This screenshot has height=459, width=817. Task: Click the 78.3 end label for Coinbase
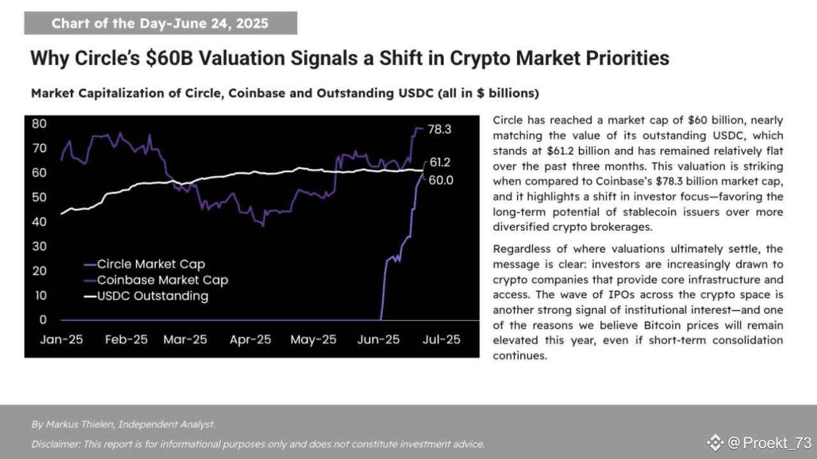click(439, 129)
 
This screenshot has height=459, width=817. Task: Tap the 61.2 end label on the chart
click(440, 162)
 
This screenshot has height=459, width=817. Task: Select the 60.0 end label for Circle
click(440, 180)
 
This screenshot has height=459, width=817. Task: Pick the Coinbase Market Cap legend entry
click(162, 280)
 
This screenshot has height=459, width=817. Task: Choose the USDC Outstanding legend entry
click(152, 296)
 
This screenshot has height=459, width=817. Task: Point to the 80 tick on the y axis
click(40, 124)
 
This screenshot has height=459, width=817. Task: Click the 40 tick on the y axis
click(40, 222)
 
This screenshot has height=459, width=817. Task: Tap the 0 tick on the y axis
click(43, 320)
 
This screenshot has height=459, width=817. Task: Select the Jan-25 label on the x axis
click(61, 340)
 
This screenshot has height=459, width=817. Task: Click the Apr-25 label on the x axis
click(251, 340)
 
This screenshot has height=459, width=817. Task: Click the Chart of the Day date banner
click(160, 24)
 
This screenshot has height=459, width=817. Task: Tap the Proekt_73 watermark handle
click(777, 443)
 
